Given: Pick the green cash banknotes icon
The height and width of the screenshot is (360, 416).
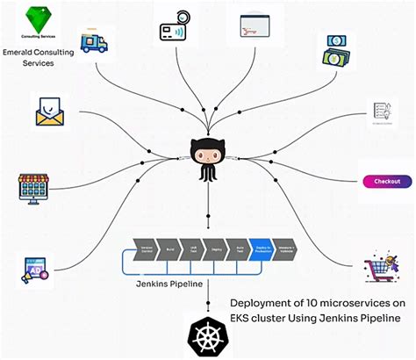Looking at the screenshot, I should tap(338, 52).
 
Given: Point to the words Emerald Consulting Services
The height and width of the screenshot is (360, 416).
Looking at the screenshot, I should tap(38, 58).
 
